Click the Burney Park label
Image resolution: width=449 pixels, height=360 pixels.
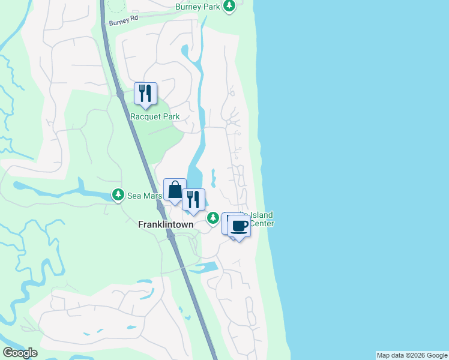tap(197, 7)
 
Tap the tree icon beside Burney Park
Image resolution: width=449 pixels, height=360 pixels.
tap(229, 6)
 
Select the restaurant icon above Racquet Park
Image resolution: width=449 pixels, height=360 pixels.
tap(145, 93)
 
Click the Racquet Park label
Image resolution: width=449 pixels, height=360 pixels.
tap(155, 116)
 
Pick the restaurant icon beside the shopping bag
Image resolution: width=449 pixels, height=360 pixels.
tap(193, 199)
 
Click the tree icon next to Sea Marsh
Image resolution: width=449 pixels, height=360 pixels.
tap(118, 194)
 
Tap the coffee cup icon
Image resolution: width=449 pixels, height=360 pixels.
tap(240, 226)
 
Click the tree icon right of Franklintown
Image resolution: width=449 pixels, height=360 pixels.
tap(213, 218)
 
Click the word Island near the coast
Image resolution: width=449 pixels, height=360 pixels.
tap(262, 215)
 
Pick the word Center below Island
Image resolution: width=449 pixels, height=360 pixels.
tap(262, 223)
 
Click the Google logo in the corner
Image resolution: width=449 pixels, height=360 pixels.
tap(20, 353)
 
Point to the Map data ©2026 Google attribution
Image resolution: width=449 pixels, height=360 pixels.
tap(412, 355)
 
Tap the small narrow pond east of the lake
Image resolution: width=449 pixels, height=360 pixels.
tap(213, 178)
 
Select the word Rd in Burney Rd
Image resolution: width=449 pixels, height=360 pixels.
tap(133, 19)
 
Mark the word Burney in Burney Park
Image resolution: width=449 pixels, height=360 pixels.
tap(188, 7)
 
